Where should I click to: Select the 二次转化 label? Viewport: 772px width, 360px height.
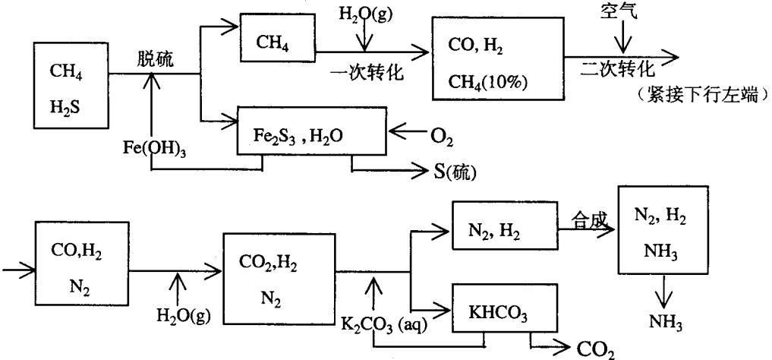point(617,70)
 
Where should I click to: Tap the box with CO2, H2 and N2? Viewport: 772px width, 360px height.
point(279,270)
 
